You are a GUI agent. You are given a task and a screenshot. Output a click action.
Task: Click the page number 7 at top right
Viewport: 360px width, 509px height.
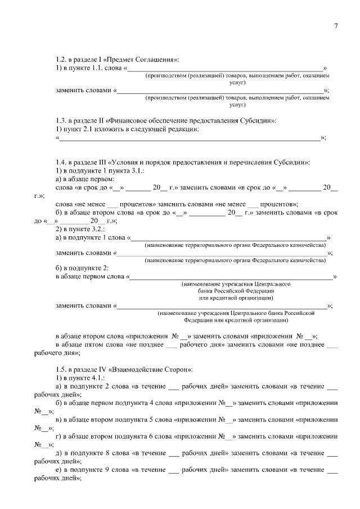[335, 26]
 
